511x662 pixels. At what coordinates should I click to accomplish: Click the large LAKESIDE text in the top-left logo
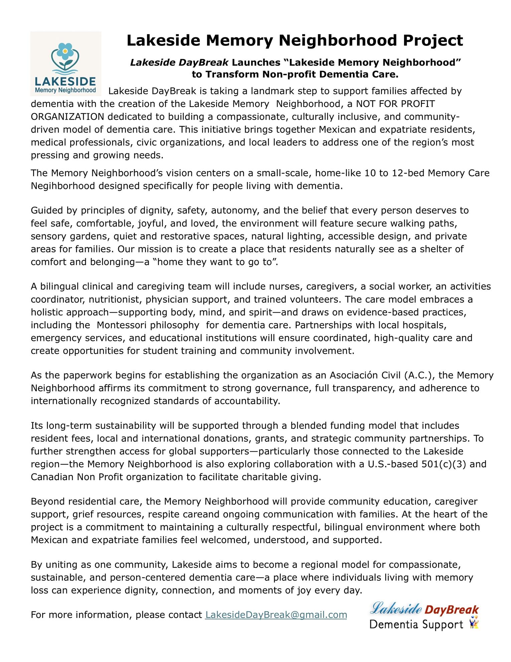click(65, 82)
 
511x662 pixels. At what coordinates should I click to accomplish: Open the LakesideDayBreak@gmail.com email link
click(276, 615)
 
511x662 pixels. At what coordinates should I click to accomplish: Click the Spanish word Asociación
click(354, 375)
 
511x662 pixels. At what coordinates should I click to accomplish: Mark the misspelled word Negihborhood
click(63, 186)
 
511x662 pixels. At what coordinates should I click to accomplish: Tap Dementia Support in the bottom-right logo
click(416, 624)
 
